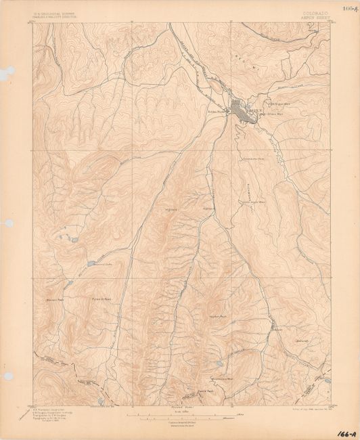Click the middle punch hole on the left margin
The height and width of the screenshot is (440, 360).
8,223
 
